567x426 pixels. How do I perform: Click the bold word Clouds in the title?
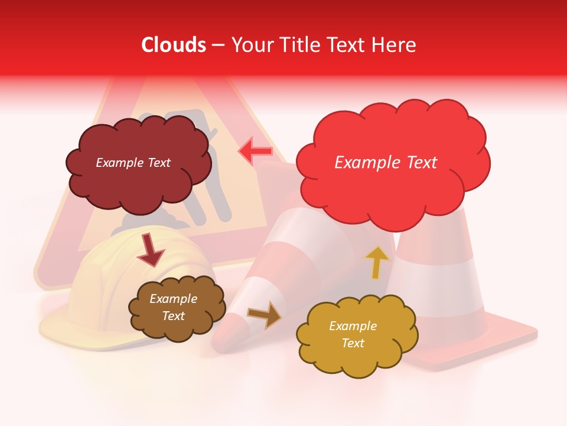(x=173, y=45)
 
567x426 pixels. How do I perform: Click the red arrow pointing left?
(x=256, y=151)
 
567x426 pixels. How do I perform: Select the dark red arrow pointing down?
(x=151, y=251)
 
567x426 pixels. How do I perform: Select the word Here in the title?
(x=396, y=45)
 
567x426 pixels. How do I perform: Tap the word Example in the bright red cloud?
(x=367, y=162)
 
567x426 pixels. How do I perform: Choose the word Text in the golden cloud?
(x=353, y=343)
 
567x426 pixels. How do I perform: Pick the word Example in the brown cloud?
(x=173, y=299)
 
